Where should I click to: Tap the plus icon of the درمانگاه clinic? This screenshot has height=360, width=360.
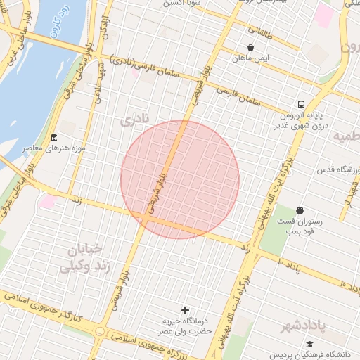(186, 310)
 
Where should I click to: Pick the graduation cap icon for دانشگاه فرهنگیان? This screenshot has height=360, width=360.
(309, 344)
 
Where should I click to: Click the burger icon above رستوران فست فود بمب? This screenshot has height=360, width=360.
(300, 210)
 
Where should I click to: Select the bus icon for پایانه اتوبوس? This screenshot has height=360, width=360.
(302, 103)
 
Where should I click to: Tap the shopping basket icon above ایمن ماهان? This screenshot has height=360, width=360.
(251, 47)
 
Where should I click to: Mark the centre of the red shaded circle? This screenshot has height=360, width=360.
(180, 180)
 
